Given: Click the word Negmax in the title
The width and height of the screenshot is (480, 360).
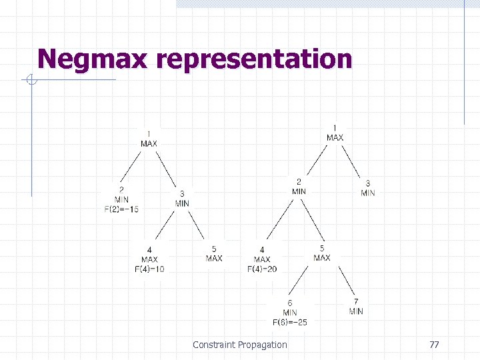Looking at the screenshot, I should pyautogui.click(x=93, y=59).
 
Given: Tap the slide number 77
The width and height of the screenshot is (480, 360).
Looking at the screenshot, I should pyautogui.click(x=434, y=345).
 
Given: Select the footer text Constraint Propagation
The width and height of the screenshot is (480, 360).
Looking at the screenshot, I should pyautogui.click(x=240, y=345).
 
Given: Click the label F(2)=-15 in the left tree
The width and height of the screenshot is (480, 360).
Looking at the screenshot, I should pyautogui.click(x=121, y=209).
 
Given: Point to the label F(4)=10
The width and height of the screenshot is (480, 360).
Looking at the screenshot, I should pyautogui.click(x=149, y=269).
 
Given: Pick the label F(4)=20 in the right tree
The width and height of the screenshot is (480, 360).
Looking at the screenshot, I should pyautogui.click(x=262, y=269).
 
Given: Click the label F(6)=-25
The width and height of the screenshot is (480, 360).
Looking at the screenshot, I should pyautogui.click(x=290, y=322).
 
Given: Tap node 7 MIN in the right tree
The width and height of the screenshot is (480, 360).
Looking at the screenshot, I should pyautogui.click(x=356, y=307).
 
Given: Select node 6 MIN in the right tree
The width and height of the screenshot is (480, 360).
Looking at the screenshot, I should pyautogui.click(x=290, y=307).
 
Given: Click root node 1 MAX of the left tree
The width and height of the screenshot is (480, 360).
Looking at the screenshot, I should pyautogui.click(x=149, y=139).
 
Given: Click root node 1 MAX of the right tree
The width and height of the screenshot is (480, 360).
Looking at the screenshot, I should pyautogui.click(x=335, y=133).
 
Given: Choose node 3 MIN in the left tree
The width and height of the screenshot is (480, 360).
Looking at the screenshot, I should pyautogui.click(x=182, y=199).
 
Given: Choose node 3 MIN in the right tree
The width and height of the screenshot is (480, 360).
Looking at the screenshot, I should pyautogui.click(x=368, y=188).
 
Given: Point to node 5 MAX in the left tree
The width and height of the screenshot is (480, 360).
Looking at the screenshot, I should pyautogui.click(x=214, y=253).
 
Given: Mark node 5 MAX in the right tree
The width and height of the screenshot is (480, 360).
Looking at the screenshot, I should pyautogui.click(x=321, y=253).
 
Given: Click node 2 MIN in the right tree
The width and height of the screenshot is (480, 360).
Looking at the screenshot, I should pyautogui.click(x=299, y=187).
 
